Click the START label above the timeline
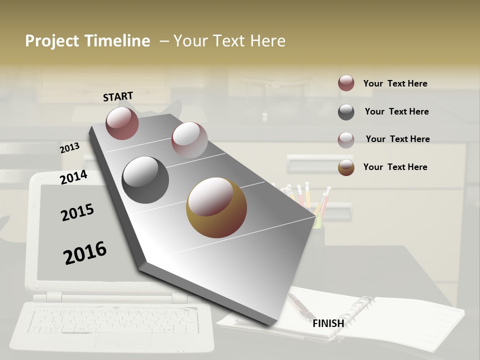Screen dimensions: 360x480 118,96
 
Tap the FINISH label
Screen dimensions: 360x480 328,323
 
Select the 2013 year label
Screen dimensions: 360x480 69,148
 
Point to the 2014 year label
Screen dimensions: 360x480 73,177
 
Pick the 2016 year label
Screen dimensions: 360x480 85,253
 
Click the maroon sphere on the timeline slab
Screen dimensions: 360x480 122,123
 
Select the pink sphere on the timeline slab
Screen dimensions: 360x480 189,139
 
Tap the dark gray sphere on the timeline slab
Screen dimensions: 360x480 145,180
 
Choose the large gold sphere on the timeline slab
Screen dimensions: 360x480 216,207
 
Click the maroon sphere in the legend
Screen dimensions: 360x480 346,83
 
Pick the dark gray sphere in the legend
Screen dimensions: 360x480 346,112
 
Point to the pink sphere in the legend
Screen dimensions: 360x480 346,139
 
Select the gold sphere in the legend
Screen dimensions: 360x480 346,167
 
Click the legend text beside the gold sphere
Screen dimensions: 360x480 395,167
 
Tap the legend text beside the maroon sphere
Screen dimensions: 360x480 395,83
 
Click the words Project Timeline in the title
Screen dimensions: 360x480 87,41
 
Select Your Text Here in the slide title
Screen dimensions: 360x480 229,41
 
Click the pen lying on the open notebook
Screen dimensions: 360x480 300,305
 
